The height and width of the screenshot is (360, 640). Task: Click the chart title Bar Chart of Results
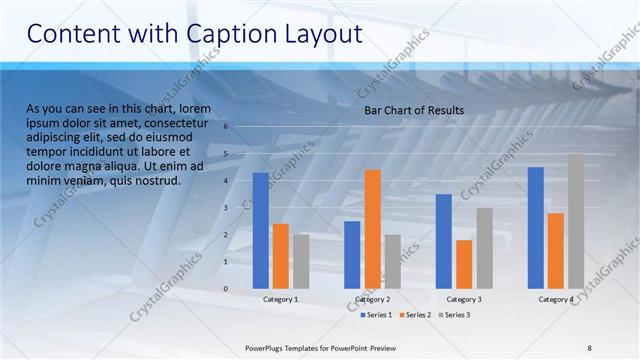pyautogui.click(x=413, y=110)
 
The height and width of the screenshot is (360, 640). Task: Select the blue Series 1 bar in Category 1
pyautogui.click(x=261, y=230)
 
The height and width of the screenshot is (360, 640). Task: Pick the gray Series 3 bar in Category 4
pyautogui.click(x=575, y=221)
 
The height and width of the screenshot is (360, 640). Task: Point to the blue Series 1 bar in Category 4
pyautogui.click(x=536, y=227)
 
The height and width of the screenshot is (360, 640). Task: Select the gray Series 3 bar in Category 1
pyautogui.click(x=301, y=261)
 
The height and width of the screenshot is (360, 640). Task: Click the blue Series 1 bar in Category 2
pyautogui.click(x=352, y=254)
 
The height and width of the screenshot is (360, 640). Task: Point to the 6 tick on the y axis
pyautogui.click(x=227, y=127)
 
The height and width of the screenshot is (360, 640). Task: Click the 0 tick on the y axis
pyautogui.click(x=227, y=289)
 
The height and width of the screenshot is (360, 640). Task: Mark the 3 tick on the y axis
pyautogui.click(x=227, y=208)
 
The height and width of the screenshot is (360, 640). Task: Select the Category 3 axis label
pyautogui.click(x=463, y=299)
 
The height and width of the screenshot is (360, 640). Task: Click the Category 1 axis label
pyautogui.click(x=281, y=299)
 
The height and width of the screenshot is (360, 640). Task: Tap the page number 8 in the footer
pyautogui.click(x=589, y=347)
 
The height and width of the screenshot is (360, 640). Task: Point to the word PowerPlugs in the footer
pyautogui.click(x=267, y=347)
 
